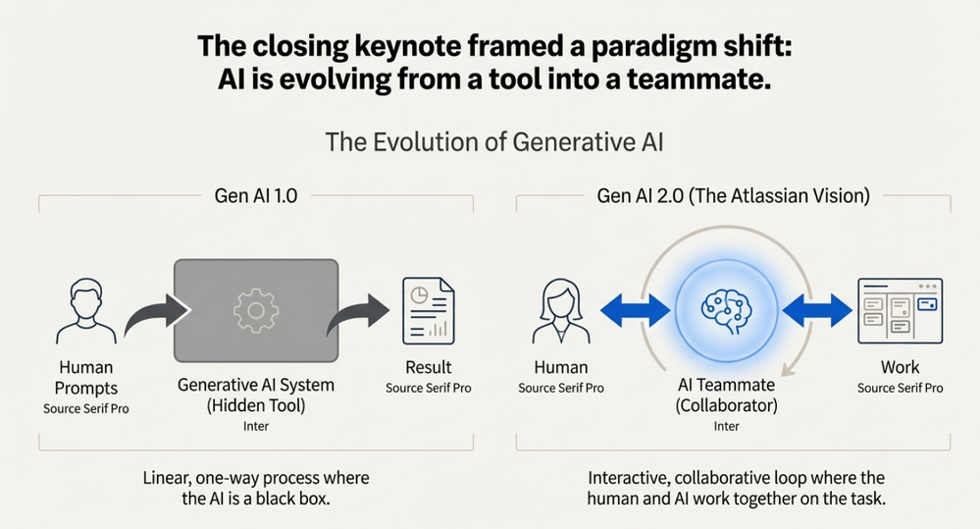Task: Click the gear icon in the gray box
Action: tap(255, 310)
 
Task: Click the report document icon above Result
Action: tap(429, 309)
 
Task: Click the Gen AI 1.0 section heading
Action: tap(255, 195)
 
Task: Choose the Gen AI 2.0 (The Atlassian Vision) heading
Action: tap(733, 195)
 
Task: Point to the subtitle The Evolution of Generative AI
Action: tap(494, 142)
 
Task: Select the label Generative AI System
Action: tap(255, 385)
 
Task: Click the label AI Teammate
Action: tap(727, 385)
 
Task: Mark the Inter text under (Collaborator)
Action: tap(727, 426)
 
